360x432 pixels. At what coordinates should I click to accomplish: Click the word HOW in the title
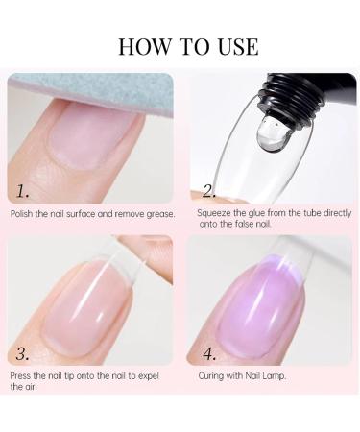coord(139,46)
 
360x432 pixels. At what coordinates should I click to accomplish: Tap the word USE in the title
coord(234,46)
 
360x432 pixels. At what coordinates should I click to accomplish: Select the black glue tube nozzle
coord(277,88)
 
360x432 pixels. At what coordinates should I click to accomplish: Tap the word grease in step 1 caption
coord(158,213)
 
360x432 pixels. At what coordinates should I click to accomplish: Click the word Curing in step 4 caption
coord(211,373)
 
